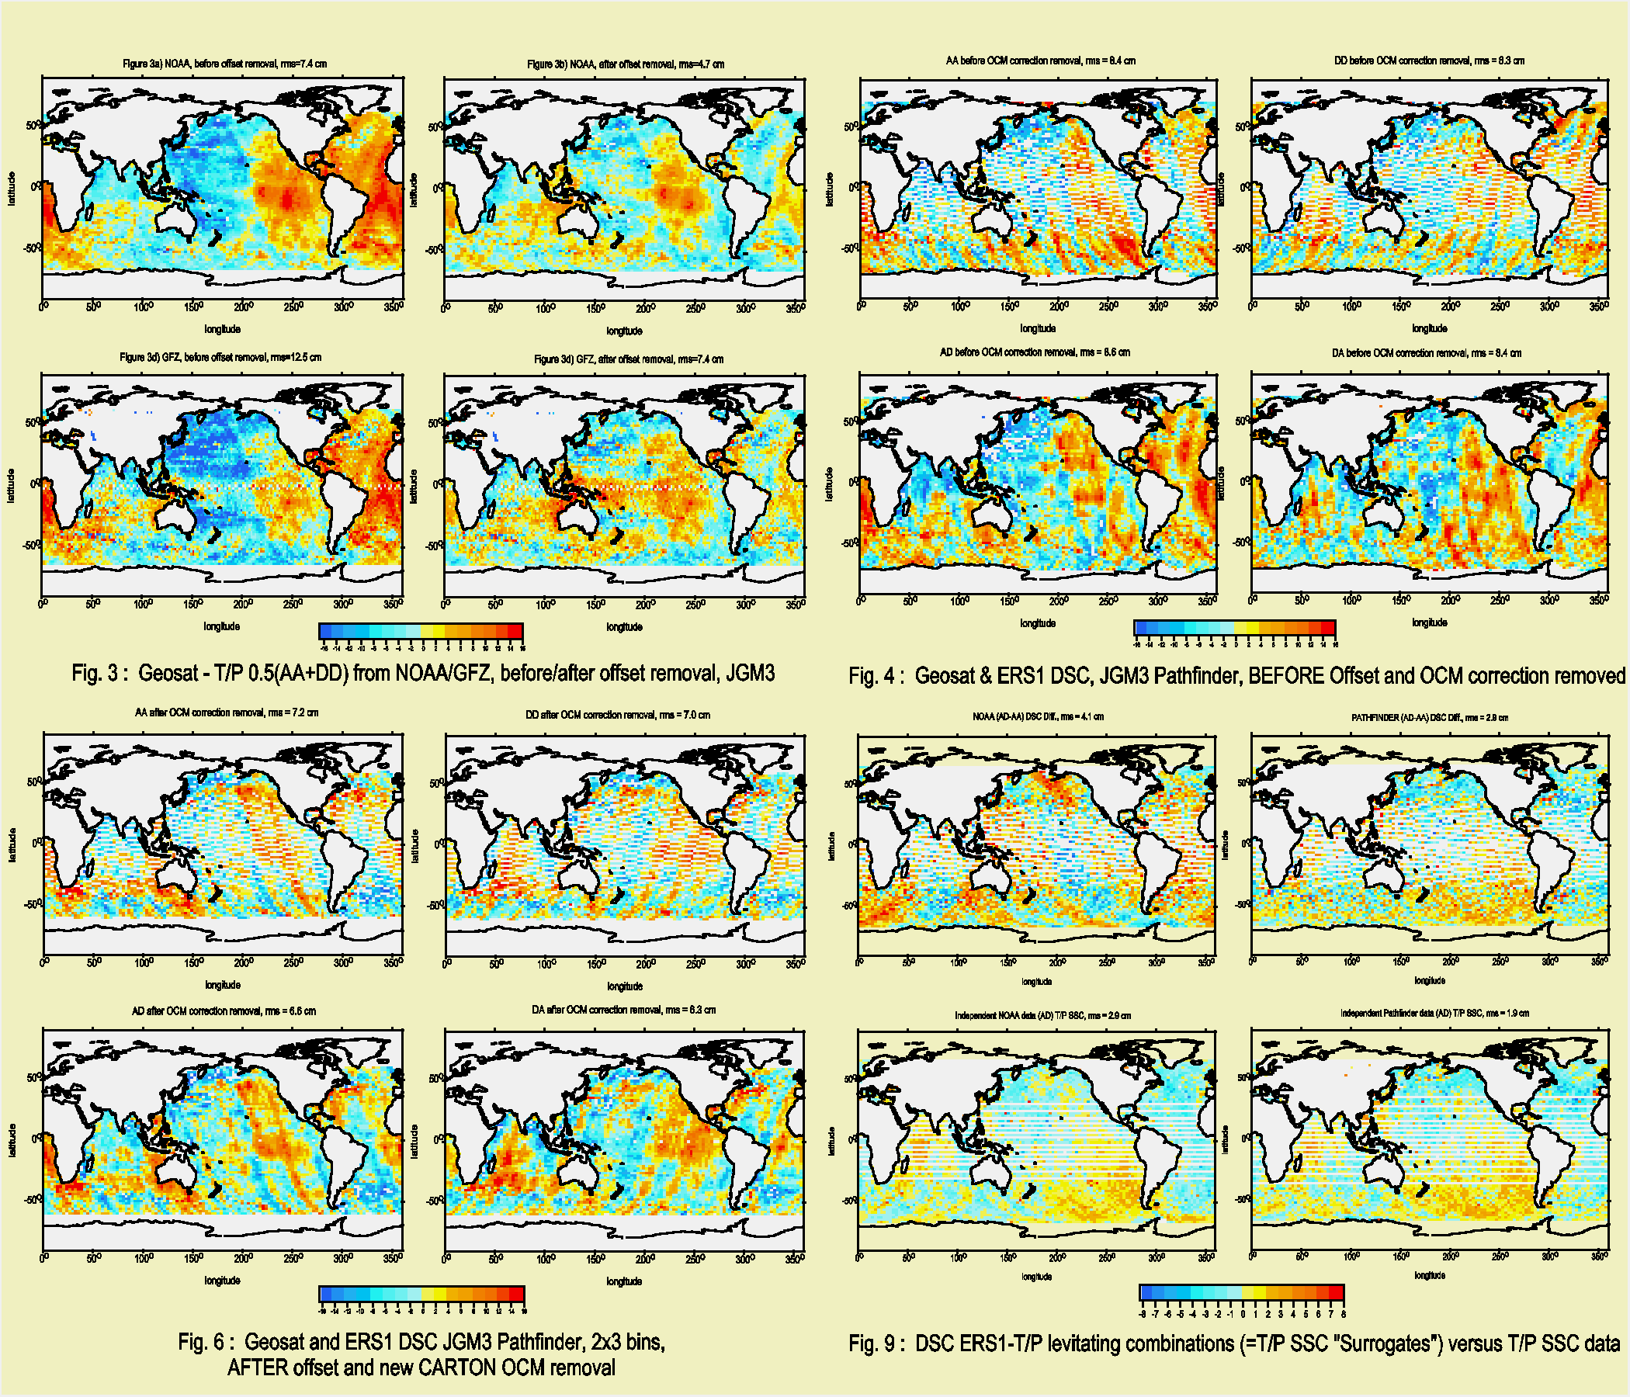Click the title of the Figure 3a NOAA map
(x=224, y=64)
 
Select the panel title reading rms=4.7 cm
(x=626, y=64)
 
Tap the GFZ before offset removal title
(x=220, y=357)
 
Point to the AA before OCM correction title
(x=1040, y=61)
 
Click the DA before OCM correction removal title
(x=1427, y=353)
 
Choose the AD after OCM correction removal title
(x=224, y=1010)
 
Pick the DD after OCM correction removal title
(x=618, y=715)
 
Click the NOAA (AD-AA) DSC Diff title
(x=1038, y=716)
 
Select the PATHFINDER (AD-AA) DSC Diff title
(x=1430, y=717)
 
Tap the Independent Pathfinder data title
(x=1435, y=1013)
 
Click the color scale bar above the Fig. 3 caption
(x=421, y=631)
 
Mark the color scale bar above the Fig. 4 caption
(x=1234, y=627)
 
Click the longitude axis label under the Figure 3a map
(x=223, y=329)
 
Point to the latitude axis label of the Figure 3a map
(x=12, y=189)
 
